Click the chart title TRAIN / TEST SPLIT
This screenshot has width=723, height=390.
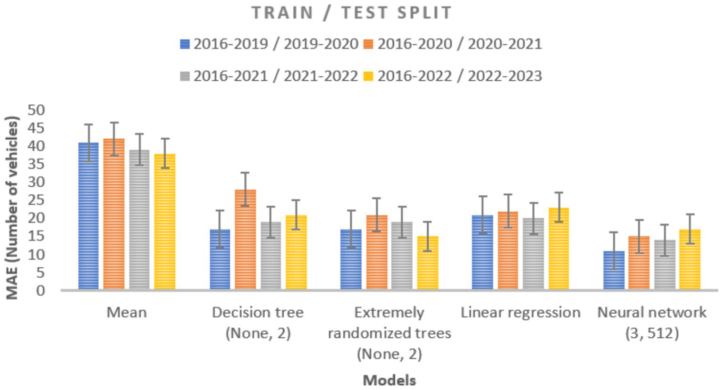coord(351,13)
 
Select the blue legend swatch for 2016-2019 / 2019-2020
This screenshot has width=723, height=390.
coord(185,44)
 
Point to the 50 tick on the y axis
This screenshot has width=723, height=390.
coord(36,110)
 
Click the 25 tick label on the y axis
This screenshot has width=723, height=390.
coord(36,200)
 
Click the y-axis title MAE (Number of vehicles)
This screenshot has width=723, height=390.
coord(13,207)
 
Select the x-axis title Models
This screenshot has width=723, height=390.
coord(389,380)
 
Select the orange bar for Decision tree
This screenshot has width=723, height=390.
coord(245,239)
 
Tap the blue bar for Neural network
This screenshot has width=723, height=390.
coord(614,270)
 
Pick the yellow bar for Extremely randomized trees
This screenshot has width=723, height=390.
coord(427,263)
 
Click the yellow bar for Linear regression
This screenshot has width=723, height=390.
coord(559,249)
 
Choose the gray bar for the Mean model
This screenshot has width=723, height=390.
coord(139,219)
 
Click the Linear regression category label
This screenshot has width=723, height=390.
coord(520,313)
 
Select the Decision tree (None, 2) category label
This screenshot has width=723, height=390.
coord(258,323)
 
